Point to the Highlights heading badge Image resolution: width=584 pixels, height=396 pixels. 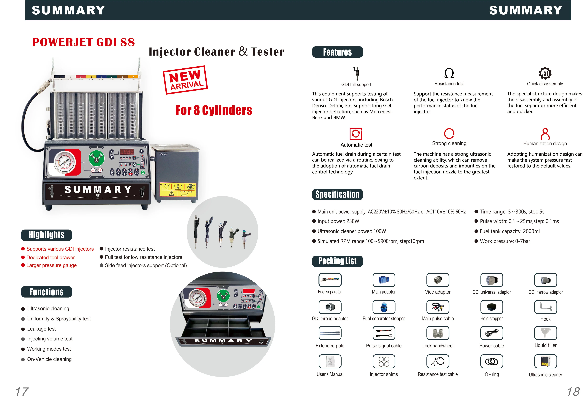point(46,235)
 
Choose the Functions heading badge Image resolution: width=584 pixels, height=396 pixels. point(46,292)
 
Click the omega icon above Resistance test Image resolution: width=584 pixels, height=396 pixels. point(449,73)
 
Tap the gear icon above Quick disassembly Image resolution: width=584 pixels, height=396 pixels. point(545,73)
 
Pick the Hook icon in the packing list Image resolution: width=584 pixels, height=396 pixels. point(545,307)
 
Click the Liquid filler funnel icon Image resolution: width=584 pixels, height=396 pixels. point(545,333)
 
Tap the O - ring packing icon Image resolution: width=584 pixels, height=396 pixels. point(491,361)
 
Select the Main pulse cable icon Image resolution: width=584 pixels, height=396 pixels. point(438,307)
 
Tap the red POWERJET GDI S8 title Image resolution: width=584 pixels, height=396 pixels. point(83,42)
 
